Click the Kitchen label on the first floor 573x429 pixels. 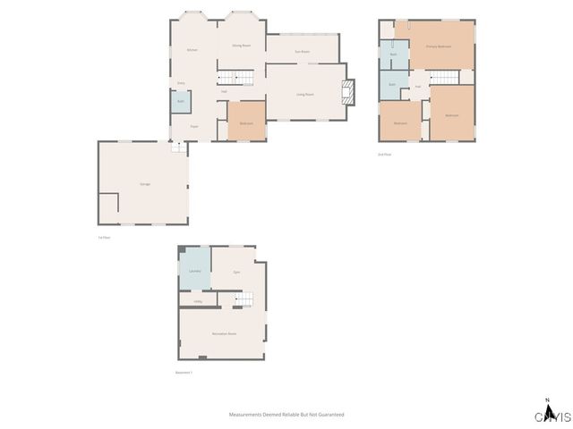click(192, 49)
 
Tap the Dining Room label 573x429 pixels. click(241, 45)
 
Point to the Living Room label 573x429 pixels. click(304, 94)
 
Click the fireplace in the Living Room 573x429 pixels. click(348, 89)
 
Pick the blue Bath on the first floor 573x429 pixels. click(180, 102)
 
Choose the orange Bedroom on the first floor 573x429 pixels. click(246, 122)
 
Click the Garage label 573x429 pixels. click(144, 183)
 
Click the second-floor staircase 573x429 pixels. click(440, 76)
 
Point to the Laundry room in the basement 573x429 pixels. click(194, 271)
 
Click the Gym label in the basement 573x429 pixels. click(236, 271)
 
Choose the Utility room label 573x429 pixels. click(198, 301)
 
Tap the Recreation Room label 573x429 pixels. click(224, 333)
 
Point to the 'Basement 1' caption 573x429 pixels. click(184, 372)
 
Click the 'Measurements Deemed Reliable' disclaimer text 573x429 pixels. click(286, 415)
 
